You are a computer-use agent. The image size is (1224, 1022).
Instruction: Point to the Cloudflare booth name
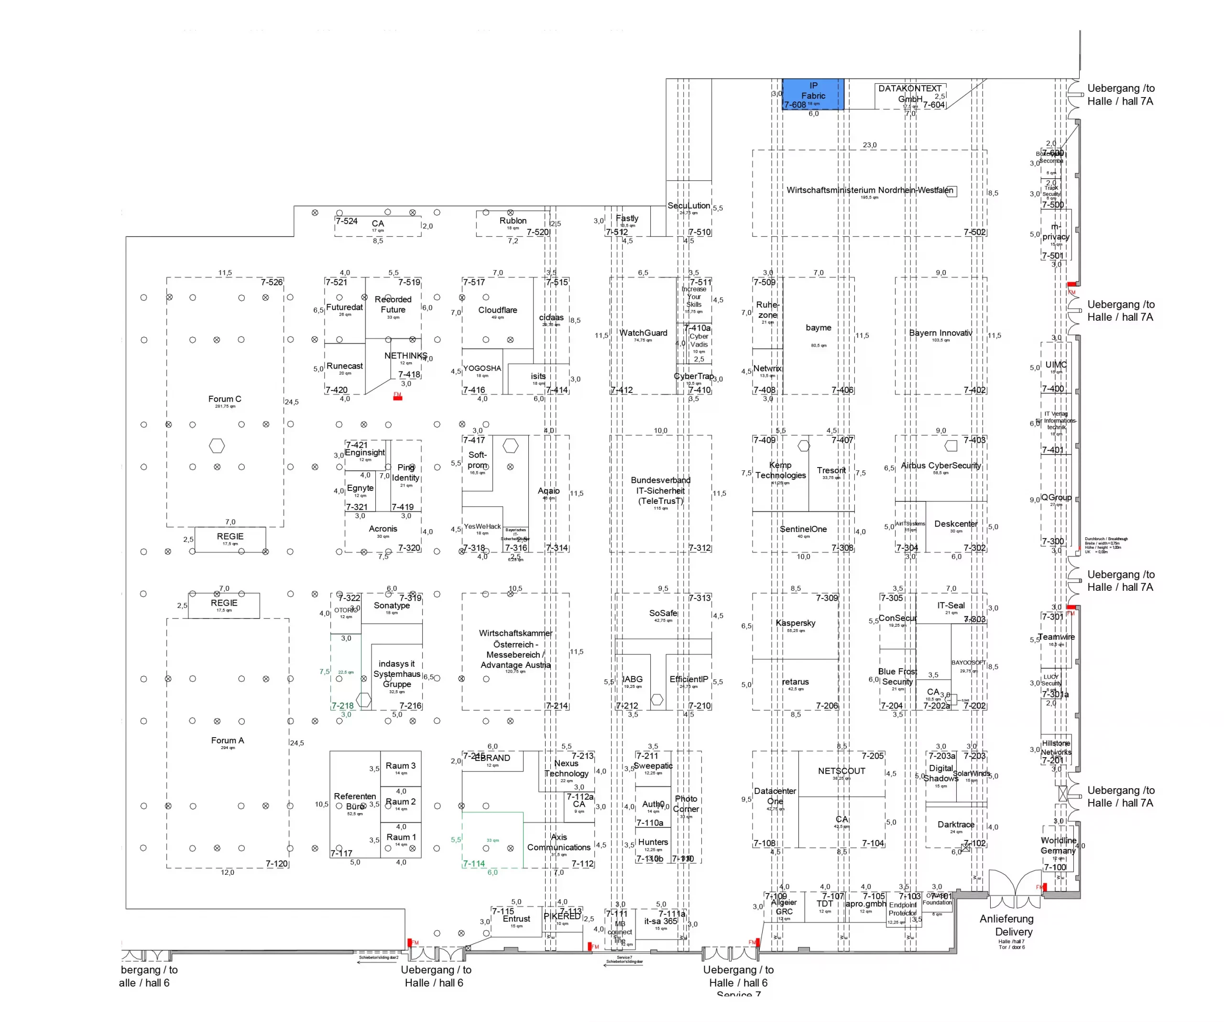497,310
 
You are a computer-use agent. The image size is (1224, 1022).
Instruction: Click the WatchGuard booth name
643,333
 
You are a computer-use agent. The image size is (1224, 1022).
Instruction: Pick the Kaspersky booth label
795,623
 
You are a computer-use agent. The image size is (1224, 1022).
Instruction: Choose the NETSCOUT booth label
841,771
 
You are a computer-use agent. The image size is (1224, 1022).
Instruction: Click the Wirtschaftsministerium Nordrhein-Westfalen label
869,190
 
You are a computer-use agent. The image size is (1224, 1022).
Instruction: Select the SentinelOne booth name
803,529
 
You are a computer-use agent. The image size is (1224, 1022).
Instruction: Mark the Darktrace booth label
955,825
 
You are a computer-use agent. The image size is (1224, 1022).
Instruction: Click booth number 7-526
272,283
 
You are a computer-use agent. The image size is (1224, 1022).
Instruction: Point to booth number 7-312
699,548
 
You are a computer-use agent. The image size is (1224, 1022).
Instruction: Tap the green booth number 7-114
474,863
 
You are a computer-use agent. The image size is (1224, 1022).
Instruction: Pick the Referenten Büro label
354,801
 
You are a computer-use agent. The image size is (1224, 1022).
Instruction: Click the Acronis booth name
382,529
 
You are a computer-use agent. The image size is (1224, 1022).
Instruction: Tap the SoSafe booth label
663,613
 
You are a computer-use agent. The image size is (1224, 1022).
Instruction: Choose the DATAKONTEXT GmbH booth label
909,94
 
